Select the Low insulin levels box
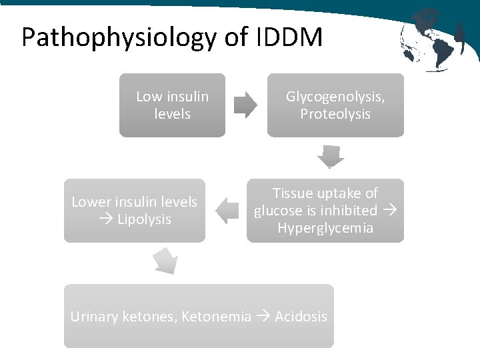coord(172,105)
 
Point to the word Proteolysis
coord(335,114)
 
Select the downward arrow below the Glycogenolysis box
coord(330,158)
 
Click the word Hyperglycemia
coord(325,228)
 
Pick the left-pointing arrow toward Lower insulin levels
coord(229,211)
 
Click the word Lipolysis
coord(144,219)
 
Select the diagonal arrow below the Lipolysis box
coord(165,261)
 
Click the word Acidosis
coord(301,317)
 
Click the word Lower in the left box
coord(91,202)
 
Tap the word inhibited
coord(347,211)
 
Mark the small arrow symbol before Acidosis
coord(263,317)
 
